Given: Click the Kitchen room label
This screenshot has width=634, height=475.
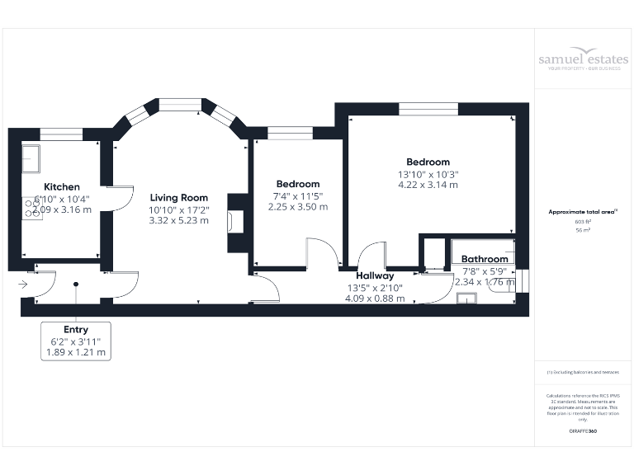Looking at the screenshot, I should (x=62, y=187).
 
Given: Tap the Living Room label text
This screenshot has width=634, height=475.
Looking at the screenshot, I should (x=178, y=198).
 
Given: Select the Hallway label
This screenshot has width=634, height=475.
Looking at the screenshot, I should (x=375, y=275).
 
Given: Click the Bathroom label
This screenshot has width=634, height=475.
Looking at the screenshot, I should (x=485, y=259).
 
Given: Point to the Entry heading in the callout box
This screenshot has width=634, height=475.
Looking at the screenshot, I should (x=75, y=330).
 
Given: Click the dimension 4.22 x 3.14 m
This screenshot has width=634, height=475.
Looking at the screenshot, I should (x=428, y=185).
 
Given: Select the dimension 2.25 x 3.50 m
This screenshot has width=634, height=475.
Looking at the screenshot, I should (x=298, y=207).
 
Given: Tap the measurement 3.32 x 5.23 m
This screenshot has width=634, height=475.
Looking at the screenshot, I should (x=178, y=221).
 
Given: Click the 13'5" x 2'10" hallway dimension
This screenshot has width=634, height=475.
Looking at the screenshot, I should (x=375, y=287).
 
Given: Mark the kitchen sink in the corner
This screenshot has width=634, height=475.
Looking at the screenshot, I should (x=31, y=156).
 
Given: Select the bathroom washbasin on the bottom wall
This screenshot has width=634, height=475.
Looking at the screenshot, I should (x=466, y=299).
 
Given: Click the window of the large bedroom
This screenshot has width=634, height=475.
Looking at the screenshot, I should (x=428, y=109).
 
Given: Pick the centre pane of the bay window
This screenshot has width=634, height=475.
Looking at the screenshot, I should (x=179, y=105).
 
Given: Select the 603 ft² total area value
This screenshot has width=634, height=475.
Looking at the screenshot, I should (x=583, y=223).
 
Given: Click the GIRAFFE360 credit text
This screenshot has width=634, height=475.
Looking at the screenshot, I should (x=583, y=431).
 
